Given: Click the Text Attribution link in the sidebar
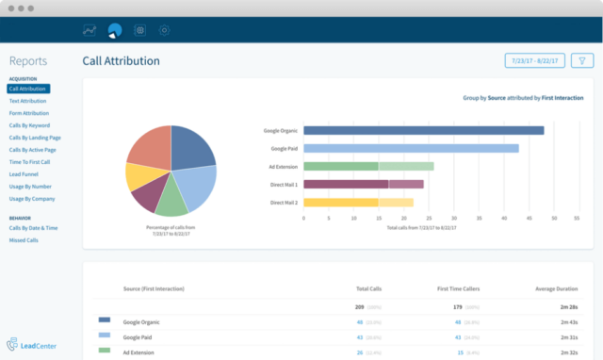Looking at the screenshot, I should [x=27, y=100].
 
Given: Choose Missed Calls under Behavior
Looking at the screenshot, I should [x=23, y=240].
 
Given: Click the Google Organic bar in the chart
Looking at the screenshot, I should [x=423, y=131].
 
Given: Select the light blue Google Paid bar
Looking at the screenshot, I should [x=411, y=148].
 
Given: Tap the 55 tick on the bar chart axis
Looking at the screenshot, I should [x=578, y=217].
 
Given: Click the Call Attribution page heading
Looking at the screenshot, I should [x=121, y=61].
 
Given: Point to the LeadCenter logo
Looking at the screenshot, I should [x=33, y=344].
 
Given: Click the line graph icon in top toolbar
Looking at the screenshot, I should [x=90, y=30].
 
